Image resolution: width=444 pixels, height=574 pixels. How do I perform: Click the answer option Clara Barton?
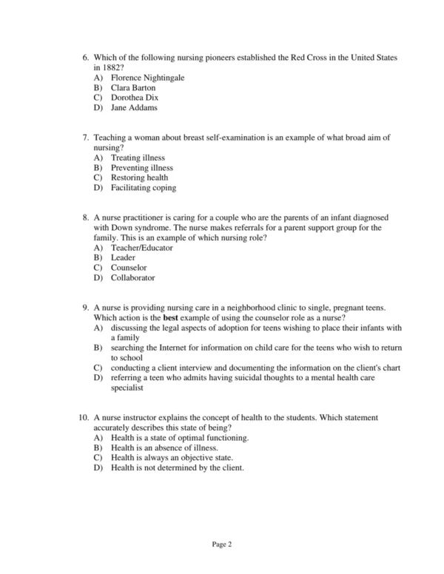133,87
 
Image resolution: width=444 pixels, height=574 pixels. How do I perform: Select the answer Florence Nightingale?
147,78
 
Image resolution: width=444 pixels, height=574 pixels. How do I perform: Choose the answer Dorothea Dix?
135,98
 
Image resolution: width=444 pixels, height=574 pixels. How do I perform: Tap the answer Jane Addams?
134,108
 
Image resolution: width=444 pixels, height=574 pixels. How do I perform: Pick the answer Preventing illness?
141,168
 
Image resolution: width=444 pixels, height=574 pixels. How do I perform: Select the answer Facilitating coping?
144,188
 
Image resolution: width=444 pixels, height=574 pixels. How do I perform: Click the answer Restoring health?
139,178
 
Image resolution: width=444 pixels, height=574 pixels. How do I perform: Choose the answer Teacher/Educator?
142,248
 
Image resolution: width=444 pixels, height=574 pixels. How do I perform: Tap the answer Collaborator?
133,278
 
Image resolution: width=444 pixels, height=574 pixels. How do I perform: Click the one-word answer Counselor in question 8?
129,268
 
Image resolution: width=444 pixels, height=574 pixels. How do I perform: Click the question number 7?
86,138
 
